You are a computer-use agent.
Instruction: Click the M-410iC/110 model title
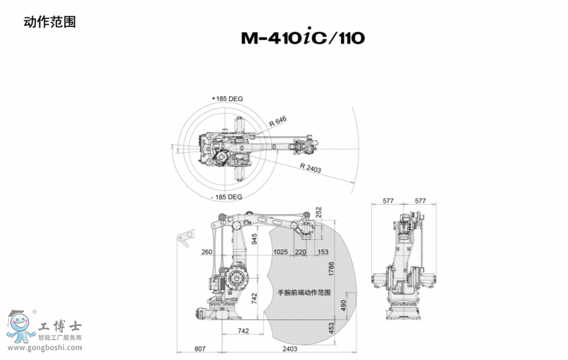coord(303,37)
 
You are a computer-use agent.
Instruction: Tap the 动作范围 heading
coord(50,22)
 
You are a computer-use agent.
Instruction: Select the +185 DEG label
coord(227,99)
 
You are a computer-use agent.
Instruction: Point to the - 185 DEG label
coord(227,197)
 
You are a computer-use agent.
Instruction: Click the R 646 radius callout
coord(278,121)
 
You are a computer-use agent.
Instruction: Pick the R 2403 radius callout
coord(311,168)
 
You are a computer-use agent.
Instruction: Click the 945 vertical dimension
coord(254,239)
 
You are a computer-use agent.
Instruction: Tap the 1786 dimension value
coord(331,269)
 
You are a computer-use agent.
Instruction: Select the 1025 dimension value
coord(280,252)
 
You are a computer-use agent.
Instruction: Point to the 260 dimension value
coord(207,252)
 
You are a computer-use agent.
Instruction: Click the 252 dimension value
coord(319,212)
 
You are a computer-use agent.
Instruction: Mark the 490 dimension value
coord(343,305)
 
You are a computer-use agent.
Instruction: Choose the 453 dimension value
coord(331,328)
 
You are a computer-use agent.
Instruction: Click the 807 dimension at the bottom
coord(200,349)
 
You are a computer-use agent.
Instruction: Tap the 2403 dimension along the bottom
coord(290,349)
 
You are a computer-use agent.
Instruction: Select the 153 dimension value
coord(322,252)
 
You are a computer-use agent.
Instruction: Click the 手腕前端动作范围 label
coord(304,292)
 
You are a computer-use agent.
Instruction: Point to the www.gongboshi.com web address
coord(45,347)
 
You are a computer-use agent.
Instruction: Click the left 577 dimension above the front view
coord(388,201)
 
